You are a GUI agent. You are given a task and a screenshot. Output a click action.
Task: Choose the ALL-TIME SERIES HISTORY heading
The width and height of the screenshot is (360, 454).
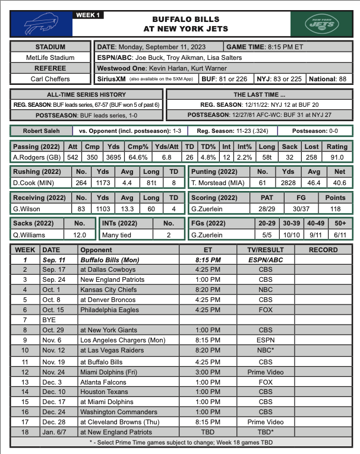(x=86, y=94)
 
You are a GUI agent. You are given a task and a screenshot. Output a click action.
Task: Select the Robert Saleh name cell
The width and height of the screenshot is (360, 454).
(x=41, y=131)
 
